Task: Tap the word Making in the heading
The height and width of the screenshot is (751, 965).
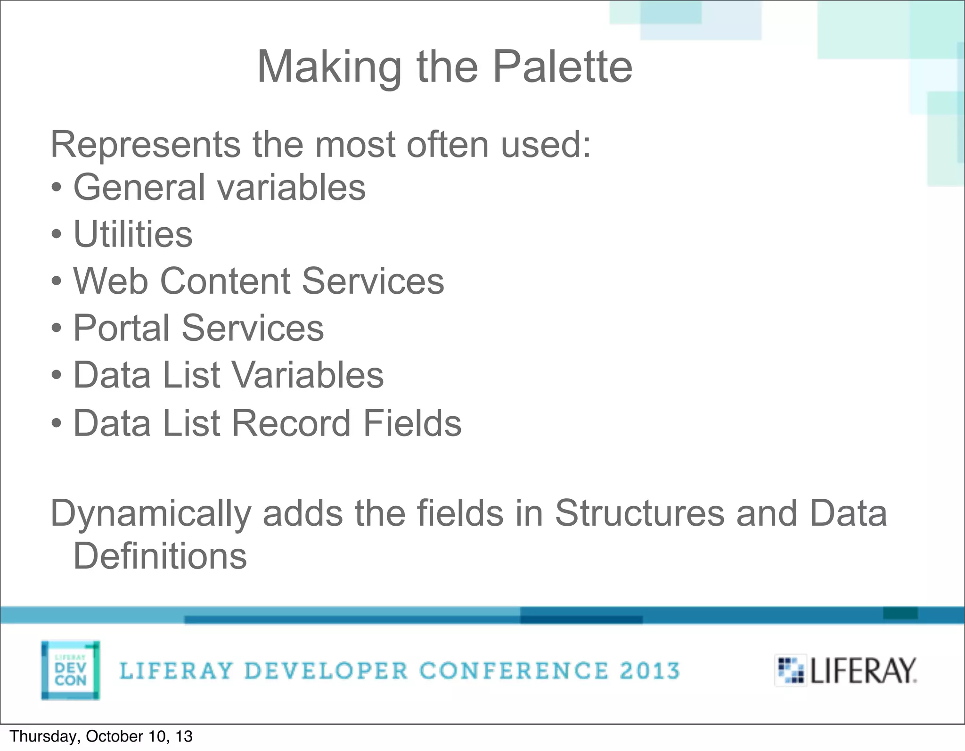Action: (329, 68)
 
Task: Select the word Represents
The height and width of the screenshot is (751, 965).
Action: (145, 145)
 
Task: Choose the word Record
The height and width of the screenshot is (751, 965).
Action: (291, 423)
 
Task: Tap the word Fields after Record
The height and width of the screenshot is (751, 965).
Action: (412, 423)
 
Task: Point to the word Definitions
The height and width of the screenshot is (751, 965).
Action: (160, 556)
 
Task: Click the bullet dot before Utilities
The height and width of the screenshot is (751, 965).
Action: (57, 235)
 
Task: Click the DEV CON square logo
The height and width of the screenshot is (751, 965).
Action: (70, 670)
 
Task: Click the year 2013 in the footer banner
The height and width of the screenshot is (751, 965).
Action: (650, 671)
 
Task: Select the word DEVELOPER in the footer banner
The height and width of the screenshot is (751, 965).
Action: (326, 671)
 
